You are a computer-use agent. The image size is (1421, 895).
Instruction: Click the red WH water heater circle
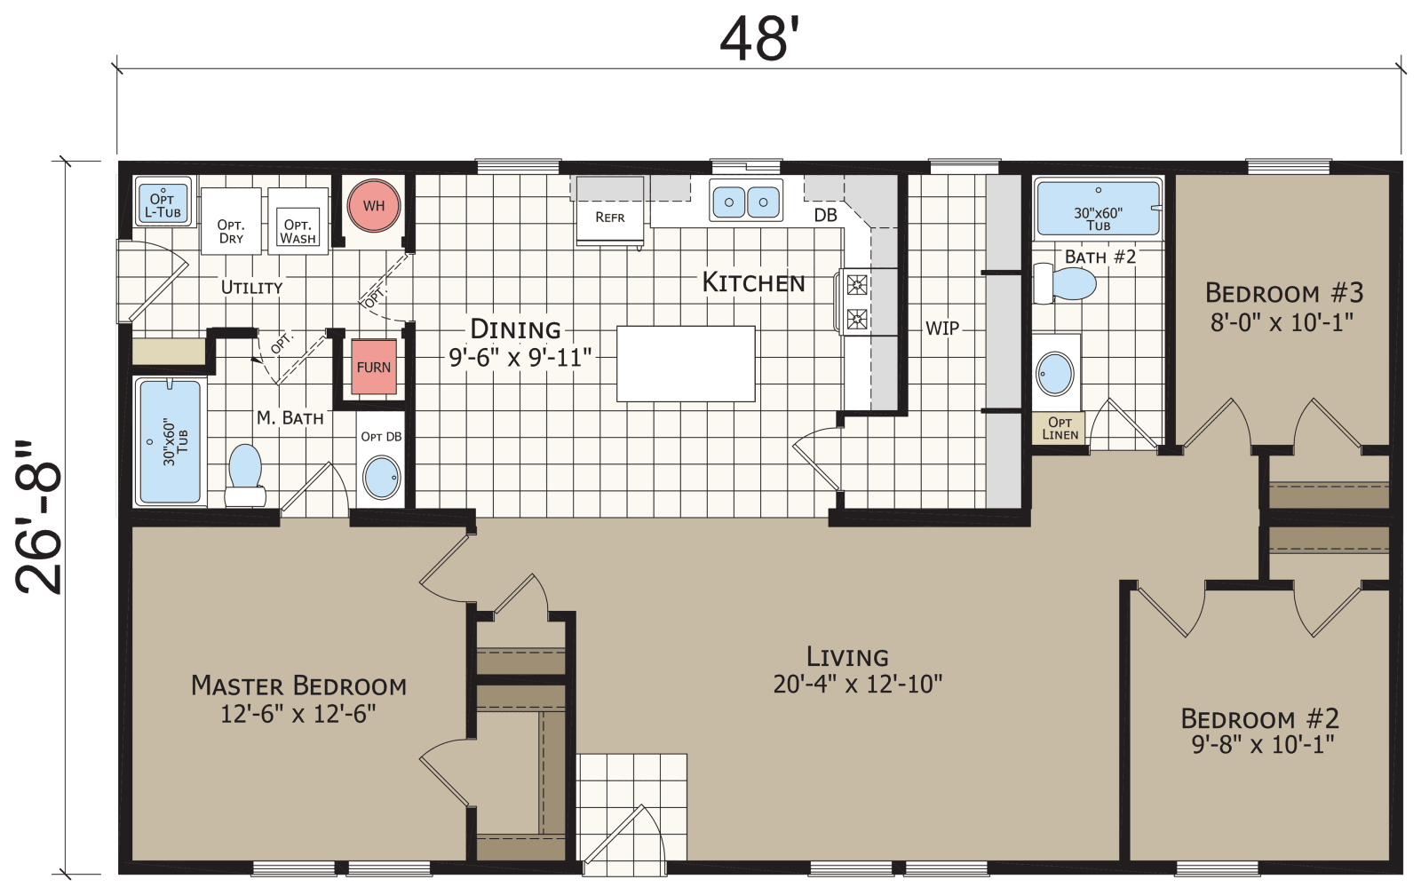[x=374, y=206]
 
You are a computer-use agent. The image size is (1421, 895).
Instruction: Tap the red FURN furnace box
[x=374, y=367]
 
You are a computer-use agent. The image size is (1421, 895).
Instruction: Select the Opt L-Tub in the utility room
[x=163, y=205]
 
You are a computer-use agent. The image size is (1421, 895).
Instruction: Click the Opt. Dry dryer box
[x=231, y=230]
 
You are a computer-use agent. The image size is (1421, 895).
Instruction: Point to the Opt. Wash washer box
[x=298, y=230]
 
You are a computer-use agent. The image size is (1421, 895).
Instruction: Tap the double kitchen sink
[x=746, y=202]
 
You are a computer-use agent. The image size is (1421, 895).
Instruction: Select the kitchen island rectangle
[x=686, y=364]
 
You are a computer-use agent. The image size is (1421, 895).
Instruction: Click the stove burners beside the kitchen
[x=857, y=302]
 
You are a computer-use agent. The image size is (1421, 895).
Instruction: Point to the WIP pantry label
[x=942, y=328]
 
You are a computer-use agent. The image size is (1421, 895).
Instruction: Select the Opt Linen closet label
[x=1060, y=428]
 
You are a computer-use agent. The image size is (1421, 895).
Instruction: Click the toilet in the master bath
[x=245, y=471]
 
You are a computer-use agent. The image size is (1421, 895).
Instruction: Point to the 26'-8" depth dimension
[x=40, y=517]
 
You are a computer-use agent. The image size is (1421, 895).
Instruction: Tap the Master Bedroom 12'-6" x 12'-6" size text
[x=298, y=714]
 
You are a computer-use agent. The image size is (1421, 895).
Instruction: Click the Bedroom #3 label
[x=1283, y=293]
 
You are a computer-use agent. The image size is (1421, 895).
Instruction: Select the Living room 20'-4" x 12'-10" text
[x=857, y=684]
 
